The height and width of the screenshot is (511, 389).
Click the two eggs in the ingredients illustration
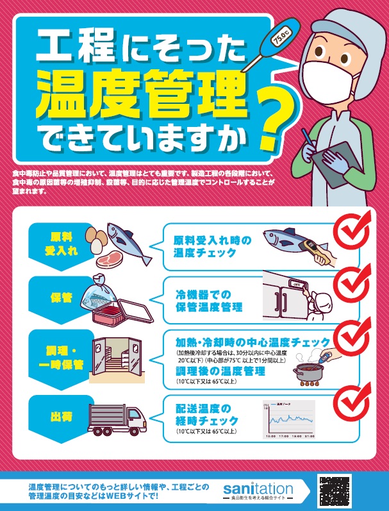coord(97,239)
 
